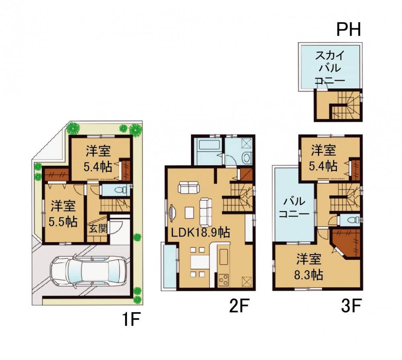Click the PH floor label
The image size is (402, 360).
click(348, 29)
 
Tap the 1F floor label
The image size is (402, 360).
click(131, 320)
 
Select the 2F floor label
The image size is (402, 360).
click(239, 306)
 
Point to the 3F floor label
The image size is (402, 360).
click(351, 306)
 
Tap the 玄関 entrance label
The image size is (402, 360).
click(98, 228)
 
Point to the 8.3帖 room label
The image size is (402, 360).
click(308, 275)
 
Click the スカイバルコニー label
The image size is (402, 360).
click(330, 68)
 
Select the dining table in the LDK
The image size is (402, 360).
click(198, 262)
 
